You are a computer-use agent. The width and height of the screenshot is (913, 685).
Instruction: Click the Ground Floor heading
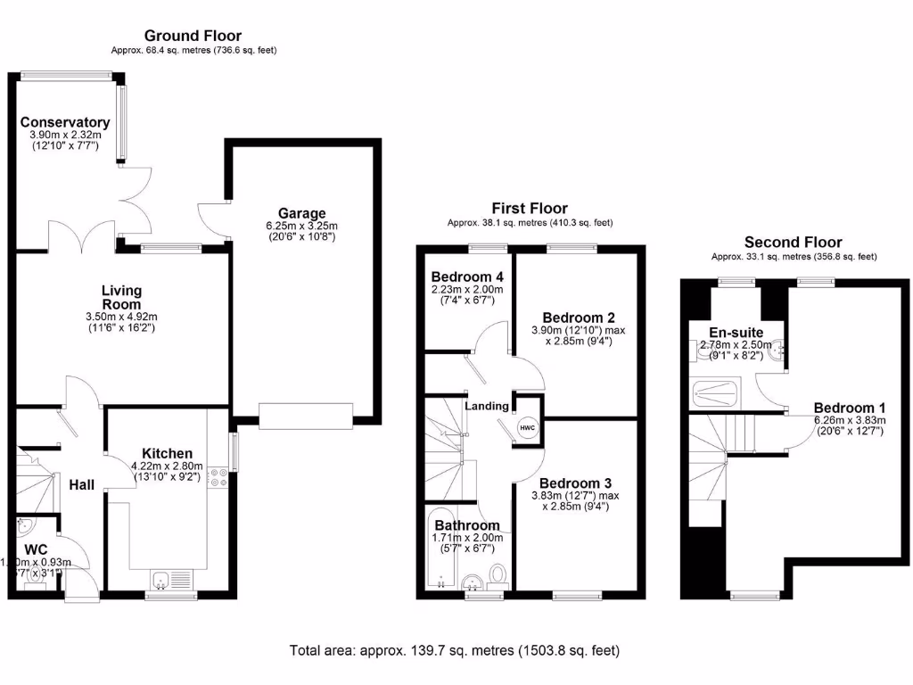(x=193, y=36)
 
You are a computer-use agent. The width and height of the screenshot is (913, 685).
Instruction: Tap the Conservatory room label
(x=65, y=122)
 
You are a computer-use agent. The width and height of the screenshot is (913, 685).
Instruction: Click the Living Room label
(x=121, y=297)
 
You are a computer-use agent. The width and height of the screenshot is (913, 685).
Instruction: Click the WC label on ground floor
(x=37, y=549)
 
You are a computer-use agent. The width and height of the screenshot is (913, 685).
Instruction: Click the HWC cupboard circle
(x=527, y=428)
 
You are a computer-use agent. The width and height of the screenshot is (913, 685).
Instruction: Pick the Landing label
(x=487, y=406)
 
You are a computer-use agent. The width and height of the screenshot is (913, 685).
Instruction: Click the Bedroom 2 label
(x=578, y=318)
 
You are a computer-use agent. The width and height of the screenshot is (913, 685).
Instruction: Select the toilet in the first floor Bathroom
(x=498, y=575)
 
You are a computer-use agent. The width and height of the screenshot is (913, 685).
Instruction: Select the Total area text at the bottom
(x=455, y=650)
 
